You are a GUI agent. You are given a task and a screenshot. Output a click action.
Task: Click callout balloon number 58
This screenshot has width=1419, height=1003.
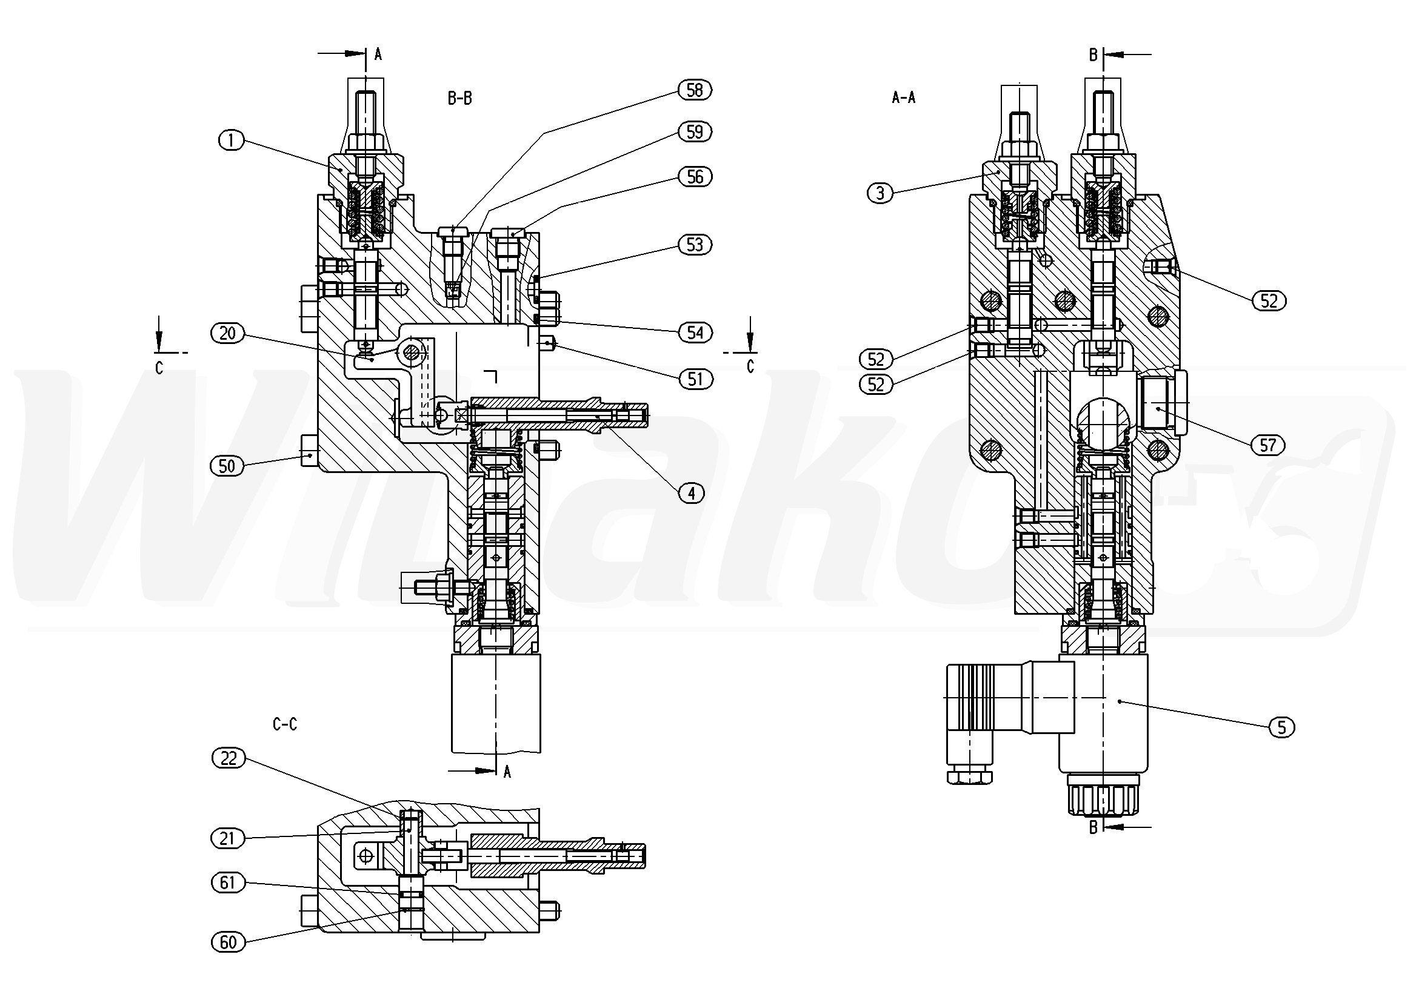(x=695, y=90)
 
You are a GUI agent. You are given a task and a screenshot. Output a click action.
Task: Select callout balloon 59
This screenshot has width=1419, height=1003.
(x=695, y=131)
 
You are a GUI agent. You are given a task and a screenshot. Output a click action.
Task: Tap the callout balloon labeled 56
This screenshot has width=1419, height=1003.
(x=695, y=177)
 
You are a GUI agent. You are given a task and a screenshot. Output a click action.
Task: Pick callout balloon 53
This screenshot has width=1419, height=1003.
(x=695, y=245)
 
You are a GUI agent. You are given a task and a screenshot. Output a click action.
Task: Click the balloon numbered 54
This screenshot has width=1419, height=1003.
(x=695, y=333)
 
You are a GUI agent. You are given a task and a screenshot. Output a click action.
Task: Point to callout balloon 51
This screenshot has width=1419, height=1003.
(x=695, y=379)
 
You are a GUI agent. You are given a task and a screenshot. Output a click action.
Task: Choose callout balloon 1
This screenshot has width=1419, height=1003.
(x=231, y=141)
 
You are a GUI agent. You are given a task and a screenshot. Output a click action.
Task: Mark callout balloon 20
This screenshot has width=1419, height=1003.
(x=227, y=334)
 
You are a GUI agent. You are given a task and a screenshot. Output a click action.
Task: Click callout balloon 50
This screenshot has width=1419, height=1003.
(x=227, y=466)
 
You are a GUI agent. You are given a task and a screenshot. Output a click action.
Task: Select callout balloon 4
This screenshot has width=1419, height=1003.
(x=691, y=493)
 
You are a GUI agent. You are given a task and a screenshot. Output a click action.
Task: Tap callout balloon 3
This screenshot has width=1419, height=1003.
(x=880, y=193)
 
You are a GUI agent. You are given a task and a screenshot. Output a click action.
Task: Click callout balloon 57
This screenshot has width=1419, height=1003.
(x=1267, y=445)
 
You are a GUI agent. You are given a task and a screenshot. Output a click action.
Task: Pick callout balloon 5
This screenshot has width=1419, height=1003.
(x=1281, y=727)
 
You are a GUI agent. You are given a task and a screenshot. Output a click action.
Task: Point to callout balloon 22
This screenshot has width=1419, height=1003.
(x=228, y=758)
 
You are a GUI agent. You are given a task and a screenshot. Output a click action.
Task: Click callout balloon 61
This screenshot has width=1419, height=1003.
(x=227, y=882)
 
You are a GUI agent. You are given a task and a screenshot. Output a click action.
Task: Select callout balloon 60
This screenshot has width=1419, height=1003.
(x=228, y=942)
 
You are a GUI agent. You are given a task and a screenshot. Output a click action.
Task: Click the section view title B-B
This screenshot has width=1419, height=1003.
(x=460, y=98)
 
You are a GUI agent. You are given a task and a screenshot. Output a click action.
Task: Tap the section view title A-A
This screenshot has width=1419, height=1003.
(x=904, y=97)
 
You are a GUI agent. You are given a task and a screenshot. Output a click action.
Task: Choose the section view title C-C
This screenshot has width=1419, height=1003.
(x=285, y=724)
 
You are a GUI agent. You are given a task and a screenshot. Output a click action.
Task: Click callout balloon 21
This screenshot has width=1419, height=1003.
(x=227, y=838)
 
